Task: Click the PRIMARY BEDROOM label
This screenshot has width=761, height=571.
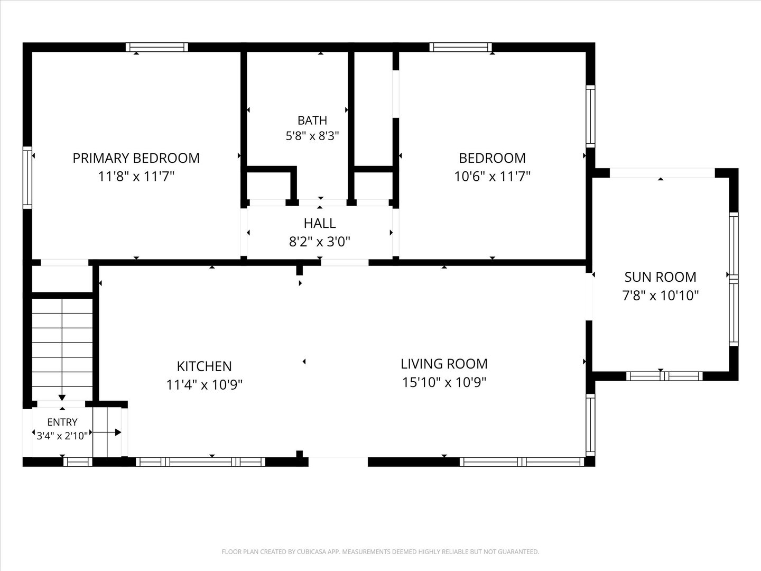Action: (136, 158)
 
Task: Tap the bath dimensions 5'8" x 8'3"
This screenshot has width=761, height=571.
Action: (312, 136)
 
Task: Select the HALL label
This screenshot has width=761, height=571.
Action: (320, 223)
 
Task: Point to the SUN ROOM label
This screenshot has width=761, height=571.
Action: (661, 277)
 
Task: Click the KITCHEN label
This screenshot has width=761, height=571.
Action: (204, 366)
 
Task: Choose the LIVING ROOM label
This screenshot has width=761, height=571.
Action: (444, 364)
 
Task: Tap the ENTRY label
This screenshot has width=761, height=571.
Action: (62, 422)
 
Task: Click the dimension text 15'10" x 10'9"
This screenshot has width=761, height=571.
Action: (444, 382)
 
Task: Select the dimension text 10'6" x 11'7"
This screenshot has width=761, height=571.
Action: (493, 177)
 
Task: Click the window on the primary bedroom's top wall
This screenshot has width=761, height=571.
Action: (157, 47)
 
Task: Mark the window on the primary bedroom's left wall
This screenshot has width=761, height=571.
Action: (27, 178)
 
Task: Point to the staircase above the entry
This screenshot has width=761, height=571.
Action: (62, 349)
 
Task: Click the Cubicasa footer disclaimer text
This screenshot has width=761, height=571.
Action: (380, 551)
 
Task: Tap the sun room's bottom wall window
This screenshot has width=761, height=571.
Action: (664, 376)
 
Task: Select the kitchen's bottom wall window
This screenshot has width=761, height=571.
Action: (200, 462)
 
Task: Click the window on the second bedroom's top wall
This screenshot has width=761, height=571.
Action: (461, 47)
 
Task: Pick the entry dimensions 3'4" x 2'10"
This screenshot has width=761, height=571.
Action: (62, 436)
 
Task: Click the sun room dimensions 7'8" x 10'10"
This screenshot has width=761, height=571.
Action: (661, 296)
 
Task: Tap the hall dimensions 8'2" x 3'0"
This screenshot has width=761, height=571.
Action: (320, 242)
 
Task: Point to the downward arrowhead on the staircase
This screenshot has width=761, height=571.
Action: (62, 398)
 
